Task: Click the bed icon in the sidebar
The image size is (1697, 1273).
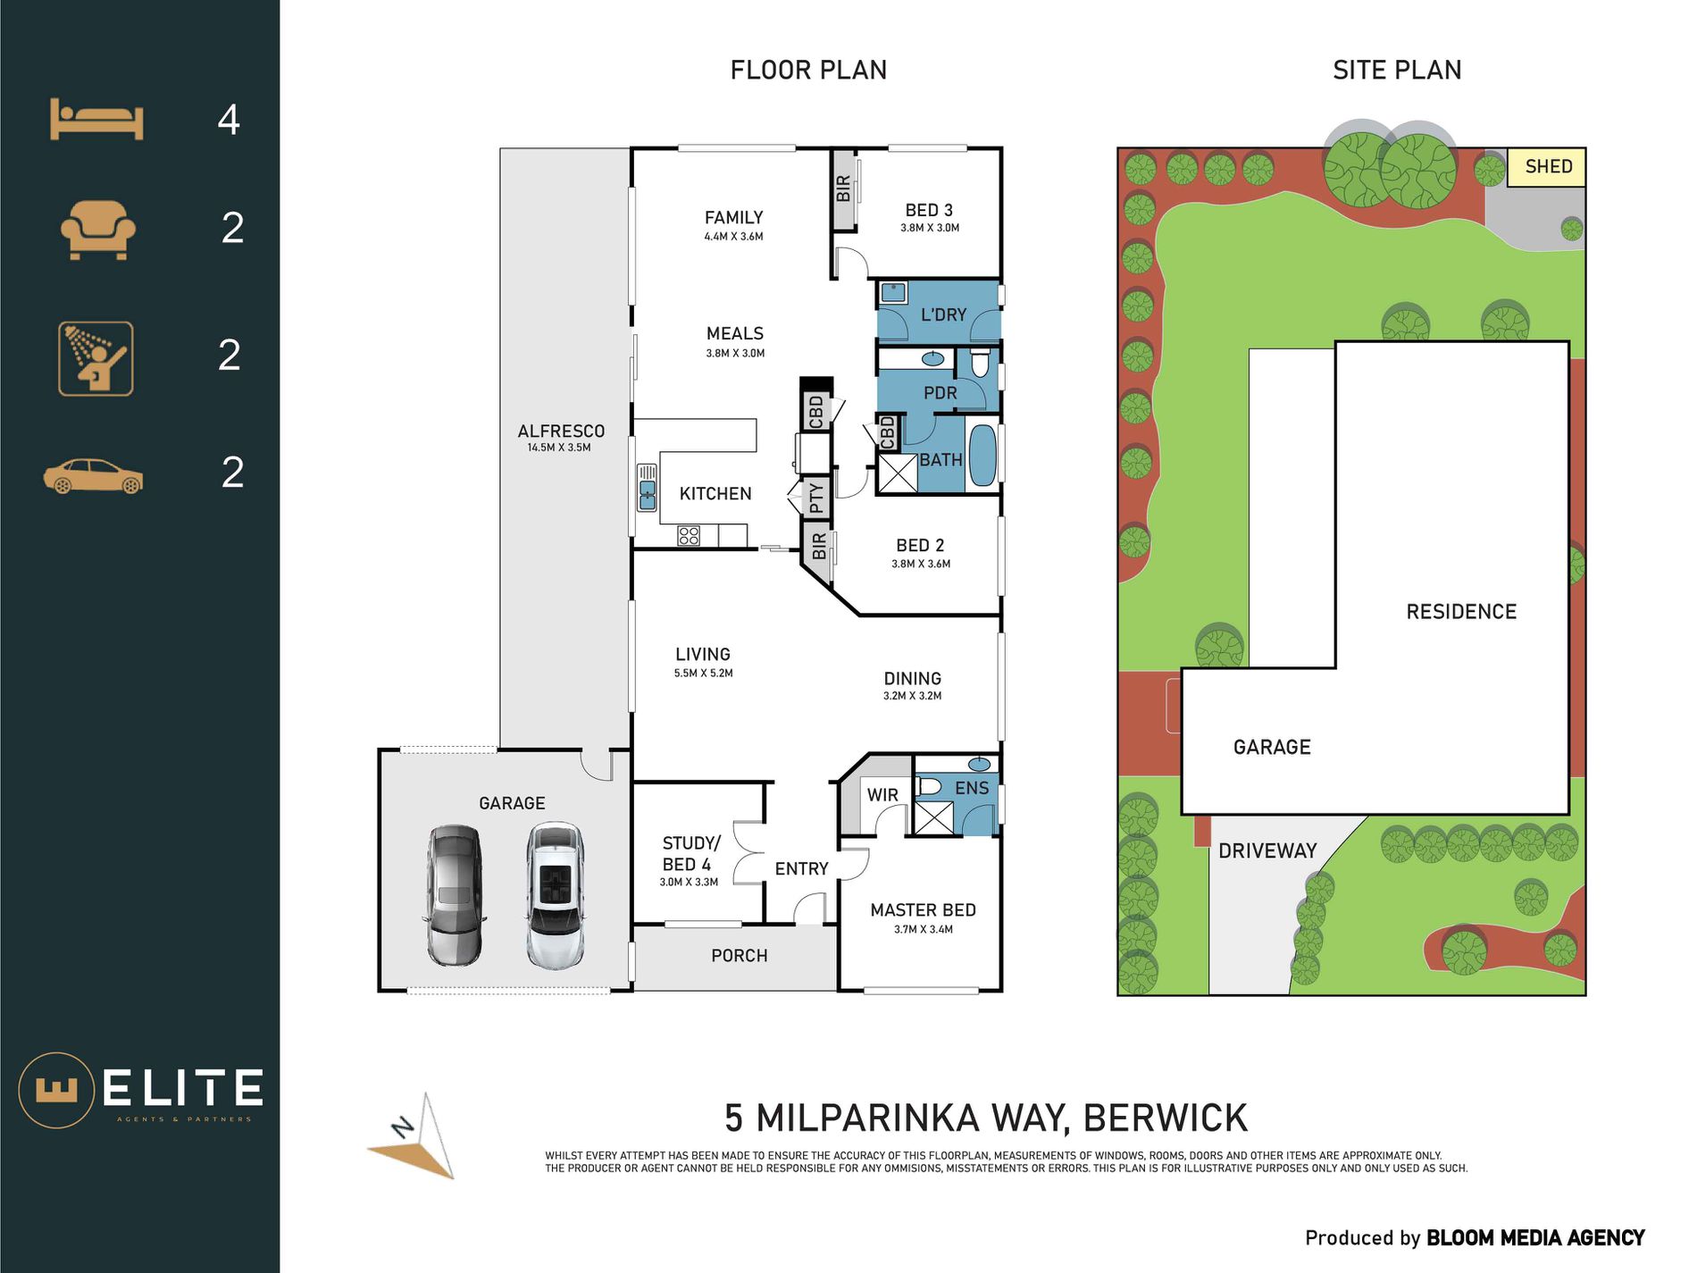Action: pos(96,120)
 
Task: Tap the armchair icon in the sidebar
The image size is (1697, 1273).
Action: pos(98,230)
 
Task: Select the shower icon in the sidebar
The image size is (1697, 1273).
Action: pos(96,358)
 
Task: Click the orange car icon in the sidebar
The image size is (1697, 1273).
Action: pos(93,476)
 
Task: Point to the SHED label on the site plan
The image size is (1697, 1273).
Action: pos(1548,167)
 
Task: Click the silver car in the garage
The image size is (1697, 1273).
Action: pos(455,895)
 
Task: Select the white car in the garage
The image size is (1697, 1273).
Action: pos(556,895)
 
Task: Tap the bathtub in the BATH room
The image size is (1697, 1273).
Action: pos(982,456)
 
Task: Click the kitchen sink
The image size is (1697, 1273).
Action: pos(647,488)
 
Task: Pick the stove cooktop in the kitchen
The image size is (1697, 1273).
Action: pos(689,536)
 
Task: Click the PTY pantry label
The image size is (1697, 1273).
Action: pos(815,498)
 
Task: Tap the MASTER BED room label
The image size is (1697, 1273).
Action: pos(923,910)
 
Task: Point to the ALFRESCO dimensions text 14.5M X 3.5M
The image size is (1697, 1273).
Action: pos(559,448)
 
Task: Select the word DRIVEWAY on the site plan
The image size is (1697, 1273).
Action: pos(1267,850)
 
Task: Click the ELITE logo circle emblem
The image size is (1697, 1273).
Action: pos(56,1090)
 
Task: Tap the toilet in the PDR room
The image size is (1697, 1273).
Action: pos(980,363)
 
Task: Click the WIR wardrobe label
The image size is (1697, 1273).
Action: pos(882,795)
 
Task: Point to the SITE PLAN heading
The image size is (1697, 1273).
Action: pos(1397,70)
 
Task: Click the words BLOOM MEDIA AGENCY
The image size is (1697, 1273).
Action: pos(1535,1238)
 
